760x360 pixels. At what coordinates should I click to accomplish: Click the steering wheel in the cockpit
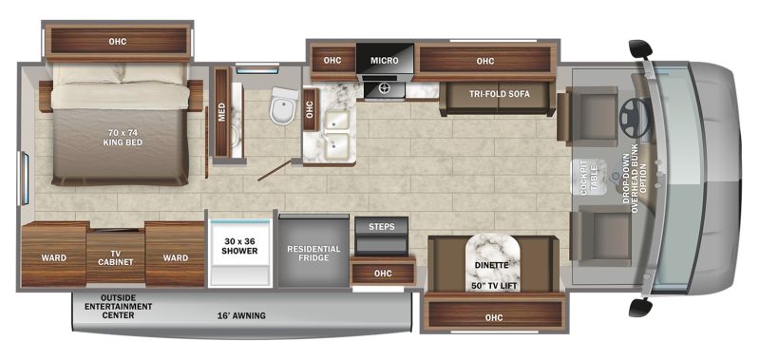coord(635,117)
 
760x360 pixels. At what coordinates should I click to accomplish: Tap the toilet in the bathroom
coord(284,106)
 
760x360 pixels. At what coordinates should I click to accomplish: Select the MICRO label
coord(385,61)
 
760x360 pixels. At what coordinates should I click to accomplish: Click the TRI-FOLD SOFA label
coord(500,94)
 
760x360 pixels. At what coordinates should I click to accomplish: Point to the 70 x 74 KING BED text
coord(123,138)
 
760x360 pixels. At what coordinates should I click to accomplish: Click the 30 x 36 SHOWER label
coord(239,246)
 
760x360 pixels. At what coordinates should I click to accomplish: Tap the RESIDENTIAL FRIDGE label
coord(313,254)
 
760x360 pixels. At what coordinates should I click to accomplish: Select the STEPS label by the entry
coord(382,227)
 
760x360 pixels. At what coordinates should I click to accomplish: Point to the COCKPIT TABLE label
coord(588,178)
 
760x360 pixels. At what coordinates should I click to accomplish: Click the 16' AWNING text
coord(242,316)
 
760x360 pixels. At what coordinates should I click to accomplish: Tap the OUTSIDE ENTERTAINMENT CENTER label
coord(118,306)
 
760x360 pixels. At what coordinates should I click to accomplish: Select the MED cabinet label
coord(222,112)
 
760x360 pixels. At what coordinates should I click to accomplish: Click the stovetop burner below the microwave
coord(385,88)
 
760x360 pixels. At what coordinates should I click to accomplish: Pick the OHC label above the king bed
coord(118,42)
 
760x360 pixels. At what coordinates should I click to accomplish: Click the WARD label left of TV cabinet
coord(54,257)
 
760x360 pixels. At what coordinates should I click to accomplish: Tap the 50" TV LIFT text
coord(494,286)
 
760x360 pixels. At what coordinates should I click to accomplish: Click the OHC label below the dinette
coord(493,318)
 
